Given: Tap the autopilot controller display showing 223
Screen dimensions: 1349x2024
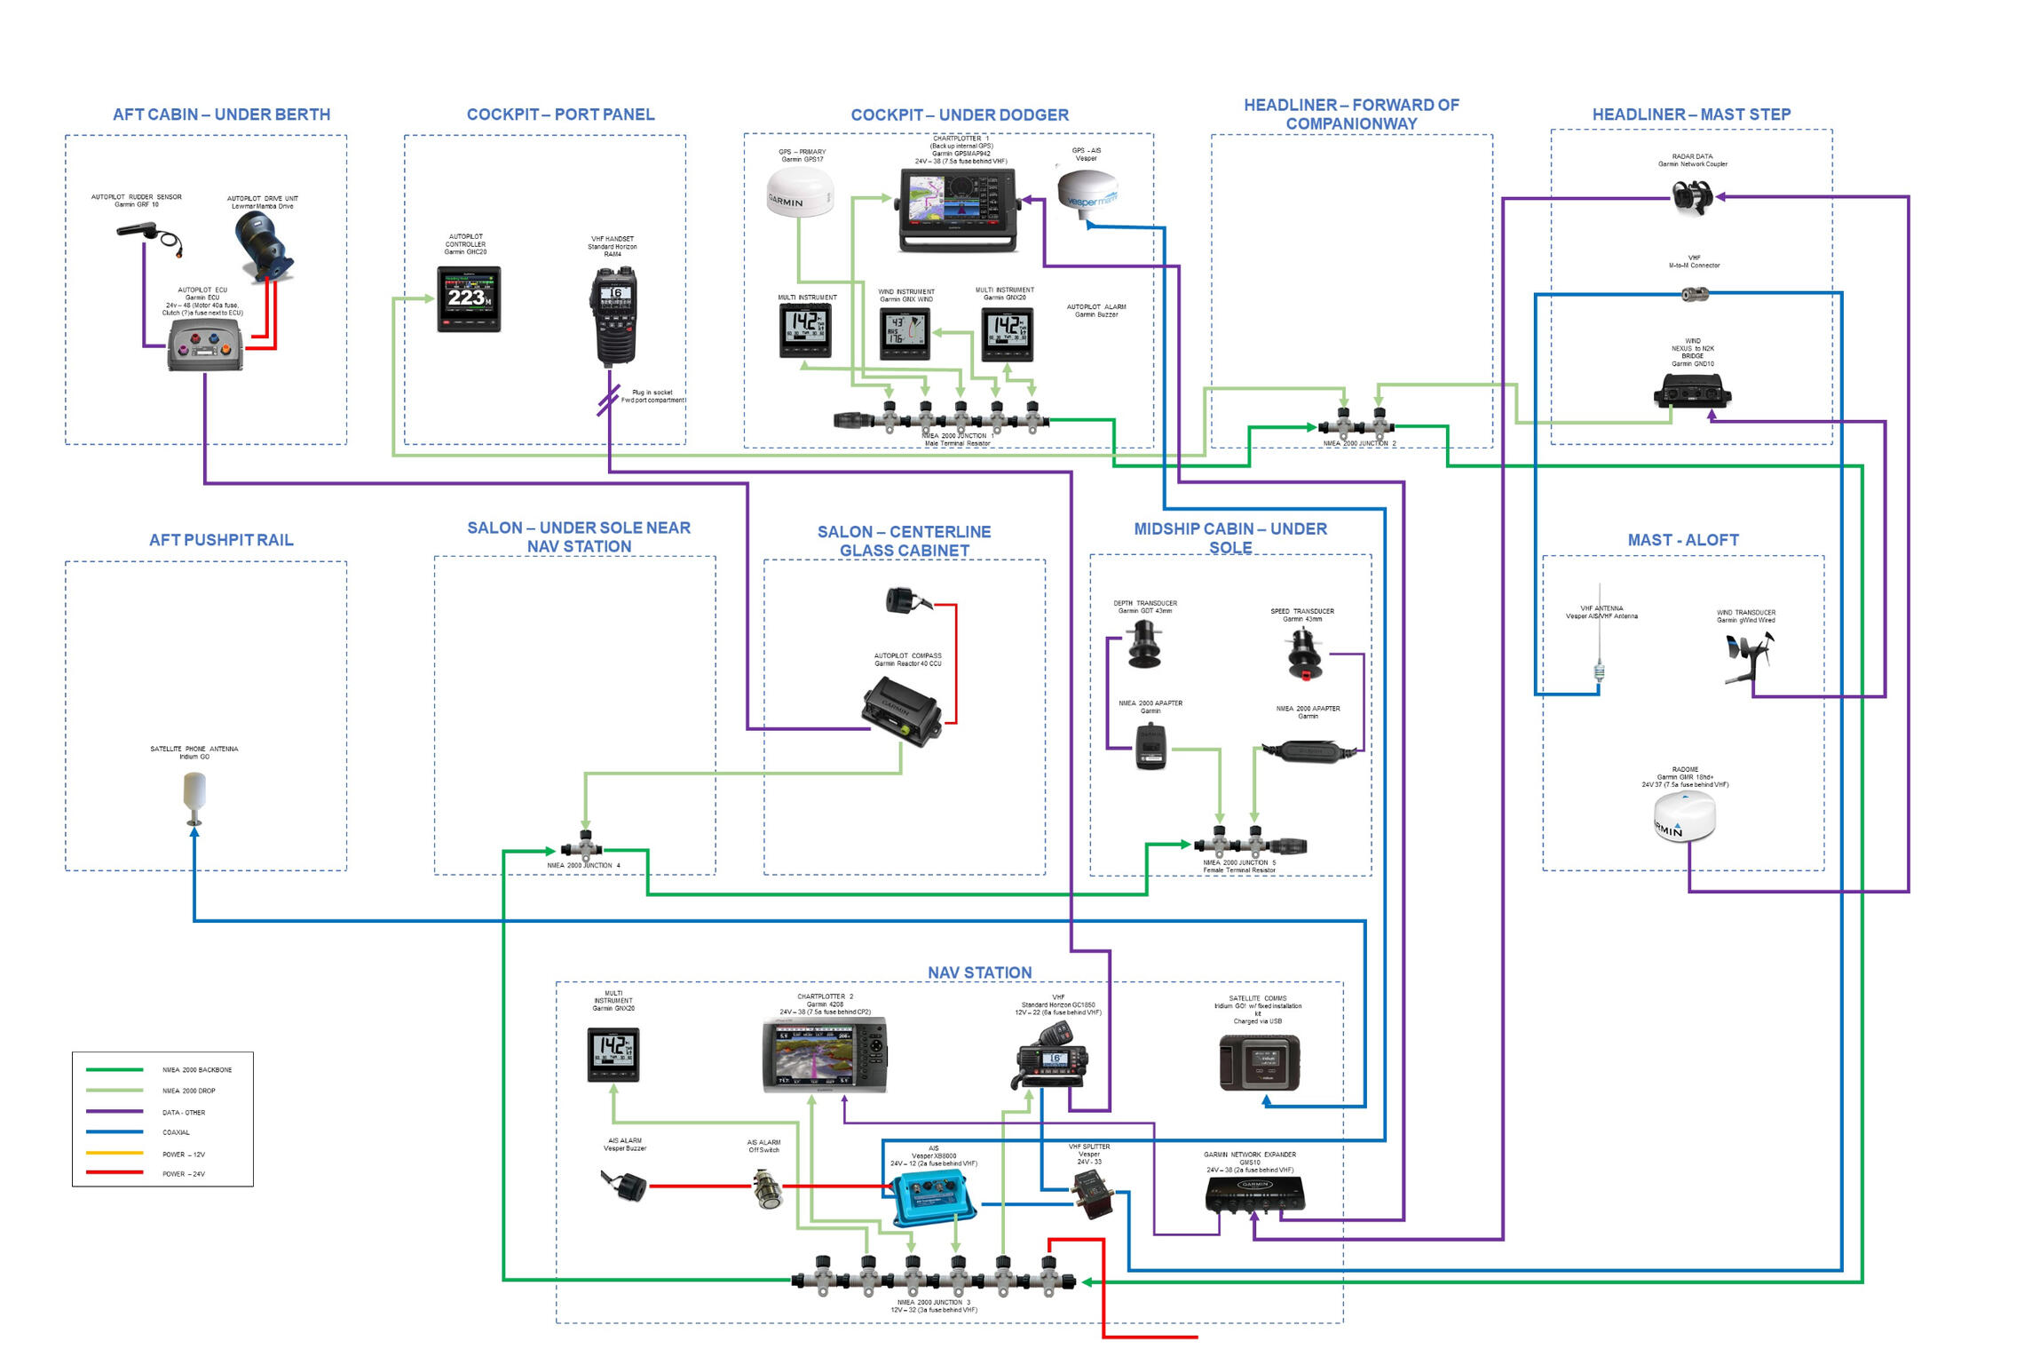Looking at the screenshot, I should [x=469, y=299].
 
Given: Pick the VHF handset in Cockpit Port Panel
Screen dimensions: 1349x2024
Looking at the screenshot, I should [x=613, y=315].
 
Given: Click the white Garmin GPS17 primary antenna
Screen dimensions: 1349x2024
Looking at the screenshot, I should [x=800, y=193].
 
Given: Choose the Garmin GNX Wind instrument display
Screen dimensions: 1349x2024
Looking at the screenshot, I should [x=905, y=335].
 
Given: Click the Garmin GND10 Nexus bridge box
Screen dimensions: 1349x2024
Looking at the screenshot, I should [x=1692, y=390].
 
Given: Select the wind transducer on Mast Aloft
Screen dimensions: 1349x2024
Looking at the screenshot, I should [x=1746, y=657].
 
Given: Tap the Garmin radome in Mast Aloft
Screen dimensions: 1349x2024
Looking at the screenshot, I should [x=1684, y=815].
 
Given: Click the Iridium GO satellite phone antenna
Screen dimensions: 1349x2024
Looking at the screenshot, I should [x=194, y=793].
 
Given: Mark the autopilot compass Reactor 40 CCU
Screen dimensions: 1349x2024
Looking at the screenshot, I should [x=900, y=710].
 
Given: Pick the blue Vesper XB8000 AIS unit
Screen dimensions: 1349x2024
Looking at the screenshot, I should [x=933, y=1198].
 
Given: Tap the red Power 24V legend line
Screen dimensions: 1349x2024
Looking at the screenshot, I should [x=115, y=1173].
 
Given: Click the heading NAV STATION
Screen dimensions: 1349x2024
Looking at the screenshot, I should [x=979, y=972].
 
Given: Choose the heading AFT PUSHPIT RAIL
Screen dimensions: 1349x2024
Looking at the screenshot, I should [x=221, y=540].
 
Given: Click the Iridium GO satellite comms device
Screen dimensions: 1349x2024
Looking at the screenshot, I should [x=1259, y=1062].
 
